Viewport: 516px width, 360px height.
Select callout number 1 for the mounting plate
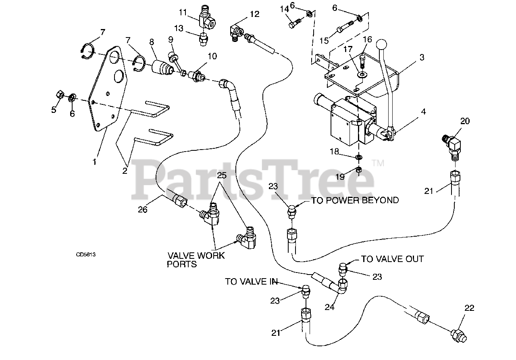click(95, 162)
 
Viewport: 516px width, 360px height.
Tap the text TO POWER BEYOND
click(355, 200)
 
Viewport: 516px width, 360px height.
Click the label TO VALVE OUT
click(392, 259)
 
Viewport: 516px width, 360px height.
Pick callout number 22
click(469, 308)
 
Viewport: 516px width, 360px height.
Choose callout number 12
click(254, 15)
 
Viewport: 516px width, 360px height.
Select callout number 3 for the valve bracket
click(421, 57)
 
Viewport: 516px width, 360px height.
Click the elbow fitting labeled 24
click(340, 287)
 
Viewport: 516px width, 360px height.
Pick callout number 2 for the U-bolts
click(125, 170)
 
